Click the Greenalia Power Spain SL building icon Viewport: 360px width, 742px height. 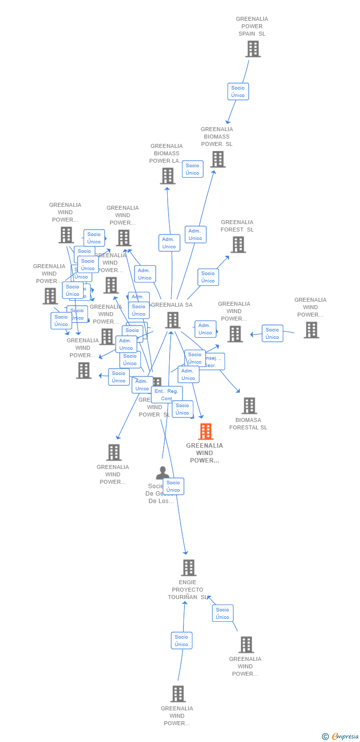[x=253, y=49]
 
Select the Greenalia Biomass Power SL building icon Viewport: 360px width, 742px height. [x=218, y=159]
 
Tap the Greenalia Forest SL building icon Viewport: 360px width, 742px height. [x=238, y=244]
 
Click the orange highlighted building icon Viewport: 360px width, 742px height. [x=205, y=431]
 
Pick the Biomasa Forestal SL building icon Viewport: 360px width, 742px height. [x=249, y=406]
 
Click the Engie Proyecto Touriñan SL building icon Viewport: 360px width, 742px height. [x=188, y=568]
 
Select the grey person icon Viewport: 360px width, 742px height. [x=162, y=473]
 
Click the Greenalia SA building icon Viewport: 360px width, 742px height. [x=173, y=320]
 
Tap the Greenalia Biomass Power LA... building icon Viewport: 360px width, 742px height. [x=168, y=176]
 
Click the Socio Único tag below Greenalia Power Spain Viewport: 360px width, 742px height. [x=238, y=92]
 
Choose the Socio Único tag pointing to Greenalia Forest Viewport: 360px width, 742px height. [x=208, y=277]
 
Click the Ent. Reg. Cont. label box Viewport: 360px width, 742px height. [x=167, y=395]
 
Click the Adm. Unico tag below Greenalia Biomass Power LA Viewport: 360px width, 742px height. [x=169, y=243]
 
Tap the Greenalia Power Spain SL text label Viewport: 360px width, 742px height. [x=252, y=26]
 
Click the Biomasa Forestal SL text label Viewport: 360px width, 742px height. [x=248, y=424]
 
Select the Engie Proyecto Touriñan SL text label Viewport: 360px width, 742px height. [x=187, y=590]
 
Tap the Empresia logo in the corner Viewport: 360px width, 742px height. [x=340, y=737]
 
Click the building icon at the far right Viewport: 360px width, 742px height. [x=311, y=330]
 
